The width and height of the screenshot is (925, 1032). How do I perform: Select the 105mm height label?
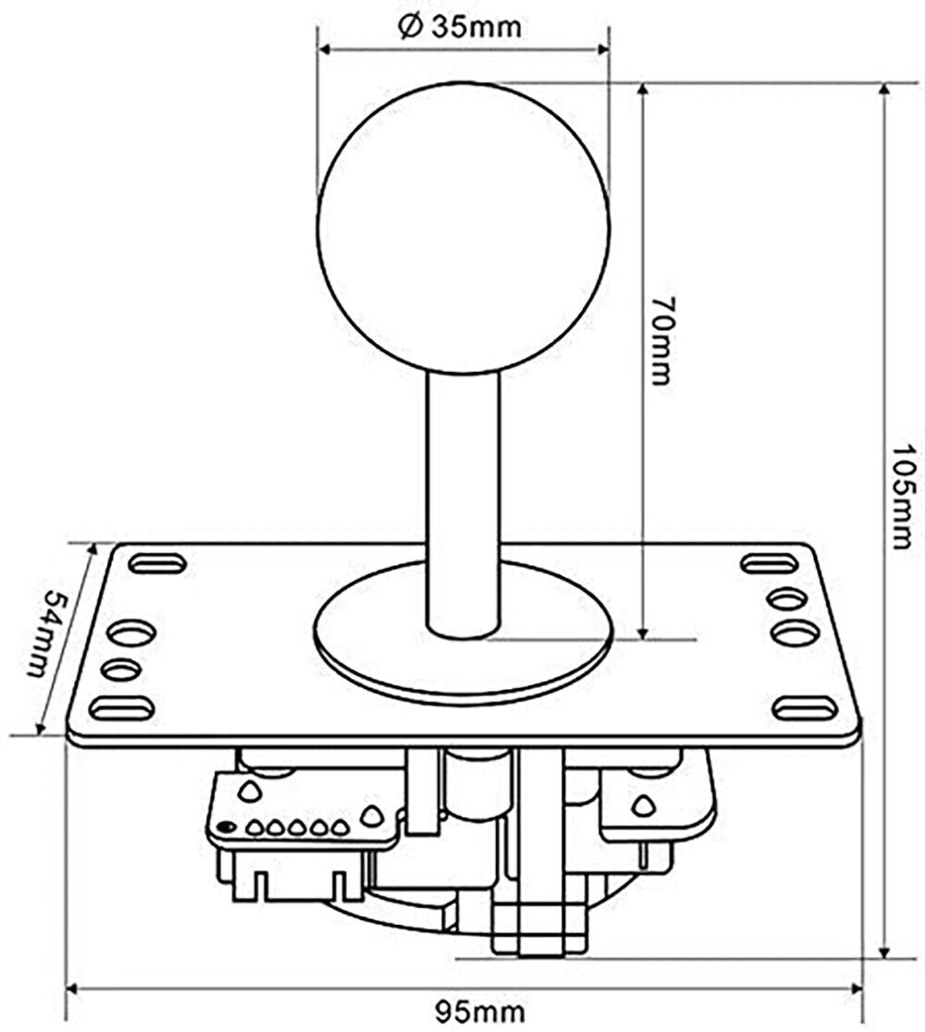pos(901,497)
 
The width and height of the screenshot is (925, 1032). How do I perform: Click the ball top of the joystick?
pos(464,228)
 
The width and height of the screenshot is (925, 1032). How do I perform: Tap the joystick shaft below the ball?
pos(463,503)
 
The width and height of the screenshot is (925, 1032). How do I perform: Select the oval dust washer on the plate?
pos(464,629)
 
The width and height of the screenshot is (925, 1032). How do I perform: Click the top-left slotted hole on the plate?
pos(158,564)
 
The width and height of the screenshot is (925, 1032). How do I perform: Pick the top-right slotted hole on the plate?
pos(770,564)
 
